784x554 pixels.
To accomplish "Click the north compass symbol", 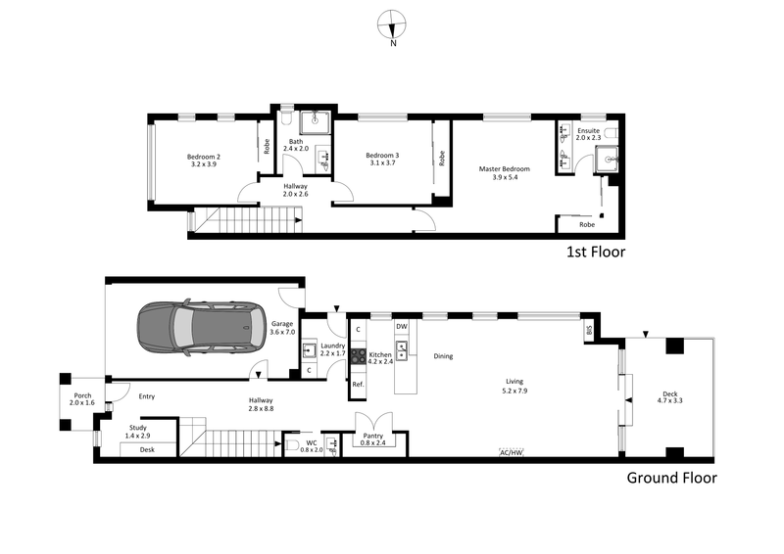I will click(x=393, y=25).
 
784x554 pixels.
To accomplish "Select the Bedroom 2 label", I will click(x=204, y=157).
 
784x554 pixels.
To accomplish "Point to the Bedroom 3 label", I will click(x=382, y=156).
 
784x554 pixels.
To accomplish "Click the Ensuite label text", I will click(x=588, y=130).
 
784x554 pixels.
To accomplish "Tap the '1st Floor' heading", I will click(x=596, y=252).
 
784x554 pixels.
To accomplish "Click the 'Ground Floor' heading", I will click(x=671, y=479).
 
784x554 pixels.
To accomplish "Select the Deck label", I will click(x=669, y=394).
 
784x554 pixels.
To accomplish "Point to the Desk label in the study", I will click(x=148, y=449).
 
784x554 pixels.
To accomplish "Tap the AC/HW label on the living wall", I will click(x=512, y=452).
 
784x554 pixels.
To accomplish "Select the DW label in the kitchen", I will click(x=402, y=326).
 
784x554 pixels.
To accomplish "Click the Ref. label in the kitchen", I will click(x=358, y=384).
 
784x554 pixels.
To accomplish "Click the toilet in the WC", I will click(x=292, y=446).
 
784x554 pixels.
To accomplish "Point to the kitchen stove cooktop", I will click(x=359, y=357).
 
